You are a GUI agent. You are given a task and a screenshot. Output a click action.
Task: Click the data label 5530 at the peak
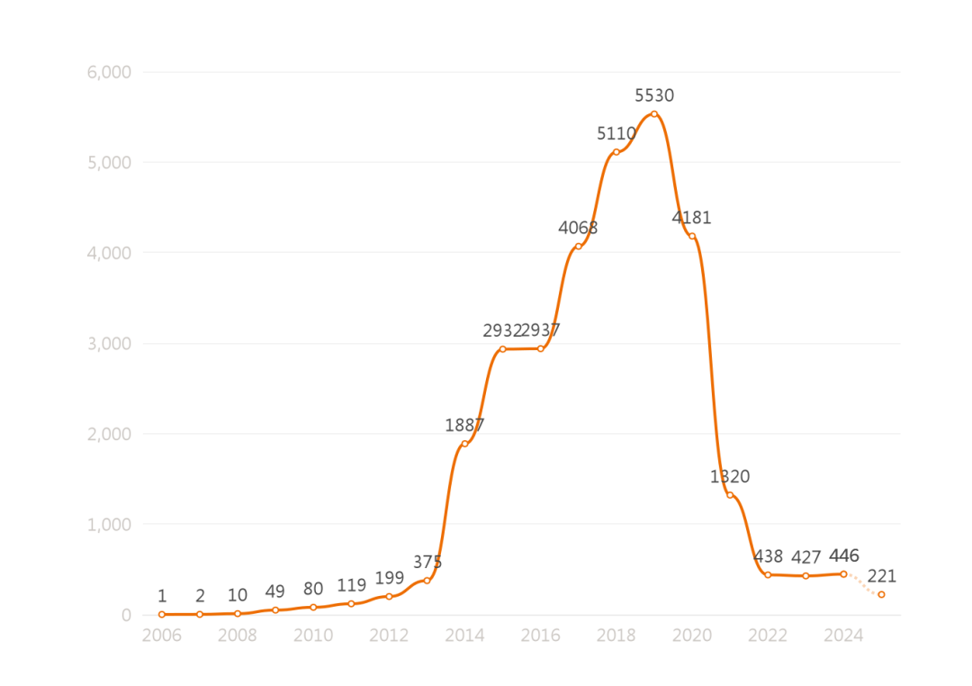(654, 95)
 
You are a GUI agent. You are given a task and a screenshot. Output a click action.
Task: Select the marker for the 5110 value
(616, 152)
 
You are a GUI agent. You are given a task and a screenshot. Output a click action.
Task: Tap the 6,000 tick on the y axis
(109, 72)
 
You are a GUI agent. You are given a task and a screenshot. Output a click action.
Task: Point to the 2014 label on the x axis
(464, 636)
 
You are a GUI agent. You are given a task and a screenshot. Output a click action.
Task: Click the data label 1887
(464, 425)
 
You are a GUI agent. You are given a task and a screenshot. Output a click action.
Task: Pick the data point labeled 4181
(692, 236)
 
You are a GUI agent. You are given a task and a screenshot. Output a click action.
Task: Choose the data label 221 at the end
(882, 576)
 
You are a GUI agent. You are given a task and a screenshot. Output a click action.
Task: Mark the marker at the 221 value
(881, 594)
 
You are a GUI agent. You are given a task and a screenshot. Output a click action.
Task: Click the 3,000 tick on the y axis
(109, 344)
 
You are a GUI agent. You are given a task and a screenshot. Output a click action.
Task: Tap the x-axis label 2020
(692, 636)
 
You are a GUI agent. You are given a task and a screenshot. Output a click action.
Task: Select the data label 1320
(730, 476)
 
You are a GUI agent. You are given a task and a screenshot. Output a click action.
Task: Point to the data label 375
(427, 562)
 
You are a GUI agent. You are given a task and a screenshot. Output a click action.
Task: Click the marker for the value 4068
(578, 246)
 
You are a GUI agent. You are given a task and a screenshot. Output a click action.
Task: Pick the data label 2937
(542, 330)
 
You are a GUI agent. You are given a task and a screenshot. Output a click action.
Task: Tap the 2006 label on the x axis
(162, 636)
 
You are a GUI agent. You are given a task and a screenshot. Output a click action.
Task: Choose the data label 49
(275, 591)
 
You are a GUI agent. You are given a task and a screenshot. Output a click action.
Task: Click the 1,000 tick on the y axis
(109, 525)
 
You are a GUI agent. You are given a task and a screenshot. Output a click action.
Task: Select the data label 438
(768, 556)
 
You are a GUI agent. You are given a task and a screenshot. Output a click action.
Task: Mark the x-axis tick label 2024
(843, 636)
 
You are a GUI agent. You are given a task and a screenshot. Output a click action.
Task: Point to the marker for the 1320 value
(730, 495)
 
